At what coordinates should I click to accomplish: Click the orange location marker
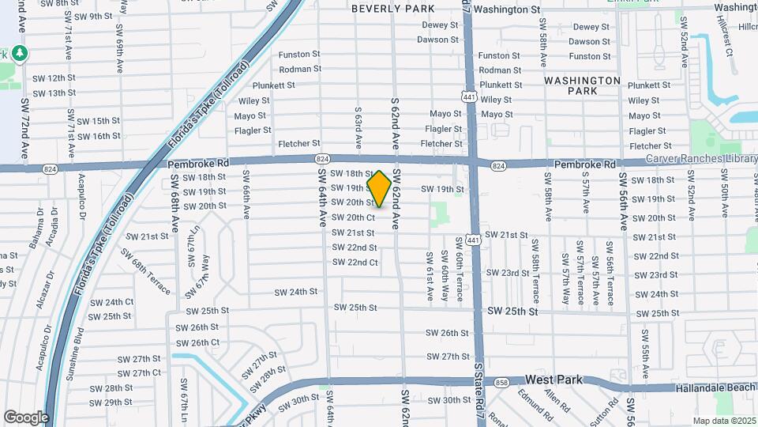tap(380, 188)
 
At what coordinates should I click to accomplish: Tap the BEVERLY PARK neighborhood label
tap(392, 9)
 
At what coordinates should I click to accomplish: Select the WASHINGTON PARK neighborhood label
tap(583, 85)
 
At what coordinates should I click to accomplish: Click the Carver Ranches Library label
tap(701, 159)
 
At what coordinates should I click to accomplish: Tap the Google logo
tap(26, 418)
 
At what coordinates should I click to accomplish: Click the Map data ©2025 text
tap(724, 421)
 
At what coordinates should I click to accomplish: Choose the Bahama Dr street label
tap(38, 229)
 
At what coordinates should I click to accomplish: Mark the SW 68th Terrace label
tap(145, 271)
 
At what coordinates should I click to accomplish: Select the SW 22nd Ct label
tap(355, 263)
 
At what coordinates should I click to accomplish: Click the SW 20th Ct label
tap(352, 217)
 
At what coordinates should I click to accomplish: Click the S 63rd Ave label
tap(358, 127)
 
